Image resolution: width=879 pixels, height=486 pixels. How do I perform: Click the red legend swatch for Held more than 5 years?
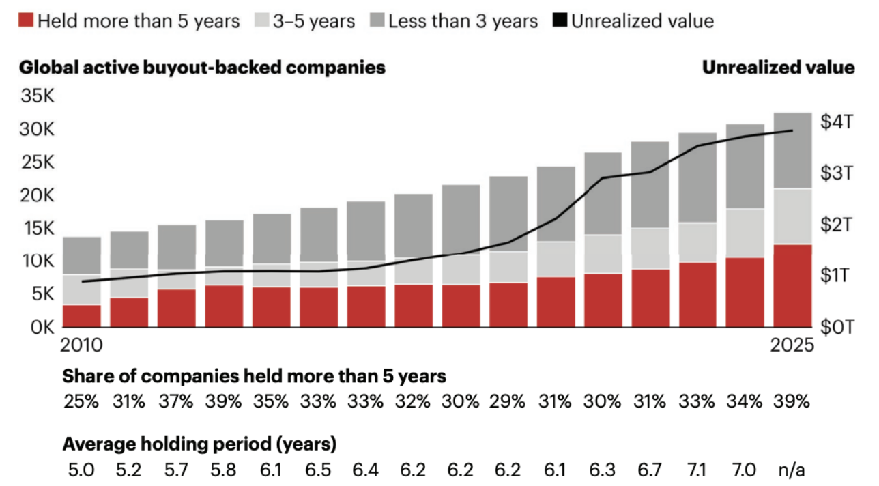[26, 20]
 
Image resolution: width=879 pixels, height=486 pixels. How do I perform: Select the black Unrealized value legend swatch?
[560, 20]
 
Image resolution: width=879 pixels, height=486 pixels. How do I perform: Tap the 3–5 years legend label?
[314, 21]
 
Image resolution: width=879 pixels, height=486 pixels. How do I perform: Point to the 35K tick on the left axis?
[38, 96]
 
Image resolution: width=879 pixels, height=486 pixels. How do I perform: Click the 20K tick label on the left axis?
[38, 195]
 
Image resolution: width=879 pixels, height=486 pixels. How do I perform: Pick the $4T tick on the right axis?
[837, 121]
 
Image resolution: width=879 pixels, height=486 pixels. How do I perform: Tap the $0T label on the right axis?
[837, 327]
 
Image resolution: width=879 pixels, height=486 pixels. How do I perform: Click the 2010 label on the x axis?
[81, 345]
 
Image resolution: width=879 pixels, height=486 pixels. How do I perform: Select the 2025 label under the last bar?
[792, 345]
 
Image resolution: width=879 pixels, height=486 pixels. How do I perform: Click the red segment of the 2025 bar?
[792, 286]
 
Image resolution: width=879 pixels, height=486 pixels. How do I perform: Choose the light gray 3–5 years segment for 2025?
[792, 216]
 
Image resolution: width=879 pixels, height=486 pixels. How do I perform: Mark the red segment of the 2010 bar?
[82, 316]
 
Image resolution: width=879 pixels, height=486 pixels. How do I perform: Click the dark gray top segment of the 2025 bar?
[792, 151]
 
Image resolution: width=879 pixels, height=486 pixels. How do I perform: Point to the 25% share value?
[81, 401]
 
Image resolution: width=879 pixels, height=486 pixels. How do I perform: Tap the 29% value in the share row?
[507, 401]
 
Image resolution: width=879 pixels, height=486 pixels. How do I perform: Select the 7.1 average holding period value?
[697, 470]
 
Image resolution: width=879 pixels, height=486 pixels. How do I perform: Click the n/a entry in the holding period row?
[792, 470]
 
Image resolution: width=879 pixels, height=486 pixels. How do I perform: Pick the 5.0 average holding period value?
[81, 470]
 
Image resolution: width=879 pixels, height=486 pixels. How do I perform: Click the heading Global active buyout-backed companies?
[202, 68]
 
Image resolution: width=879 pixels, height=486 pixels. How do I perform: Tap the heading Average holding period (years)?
[199, 444]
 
